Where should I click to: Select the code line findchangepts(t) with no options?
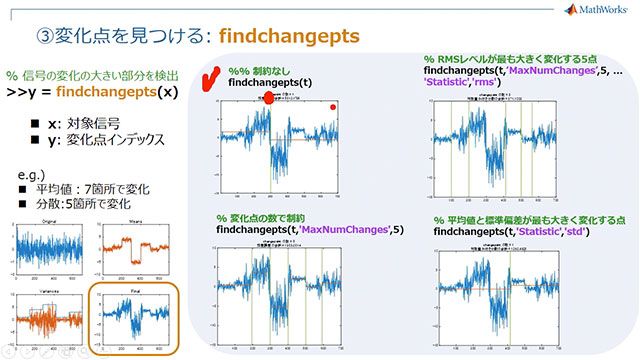click(270, 84)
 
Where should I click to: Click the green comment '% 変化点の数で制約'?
click(267, 217)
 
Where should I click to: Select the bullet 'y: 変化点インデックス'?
click(100, 138)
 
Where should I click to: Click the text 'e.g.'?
click(32, 172)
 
